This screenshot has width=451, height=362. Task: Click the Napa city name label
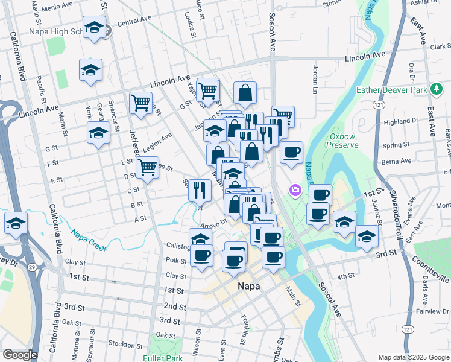click(248, 287)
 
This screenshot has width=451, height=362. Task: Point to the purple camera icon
click(295, 190)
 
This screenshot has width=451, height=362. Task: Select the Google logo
click(20, 355)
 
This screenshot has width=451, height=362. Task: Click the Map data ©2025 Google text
click(413, 357)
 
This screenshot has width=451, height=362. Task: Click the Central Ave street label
click(133, 23)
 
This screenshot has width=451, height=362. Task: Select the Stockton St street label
click(125, 345)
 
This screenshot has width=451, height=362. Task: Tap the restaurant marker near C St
click(200, 190)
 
